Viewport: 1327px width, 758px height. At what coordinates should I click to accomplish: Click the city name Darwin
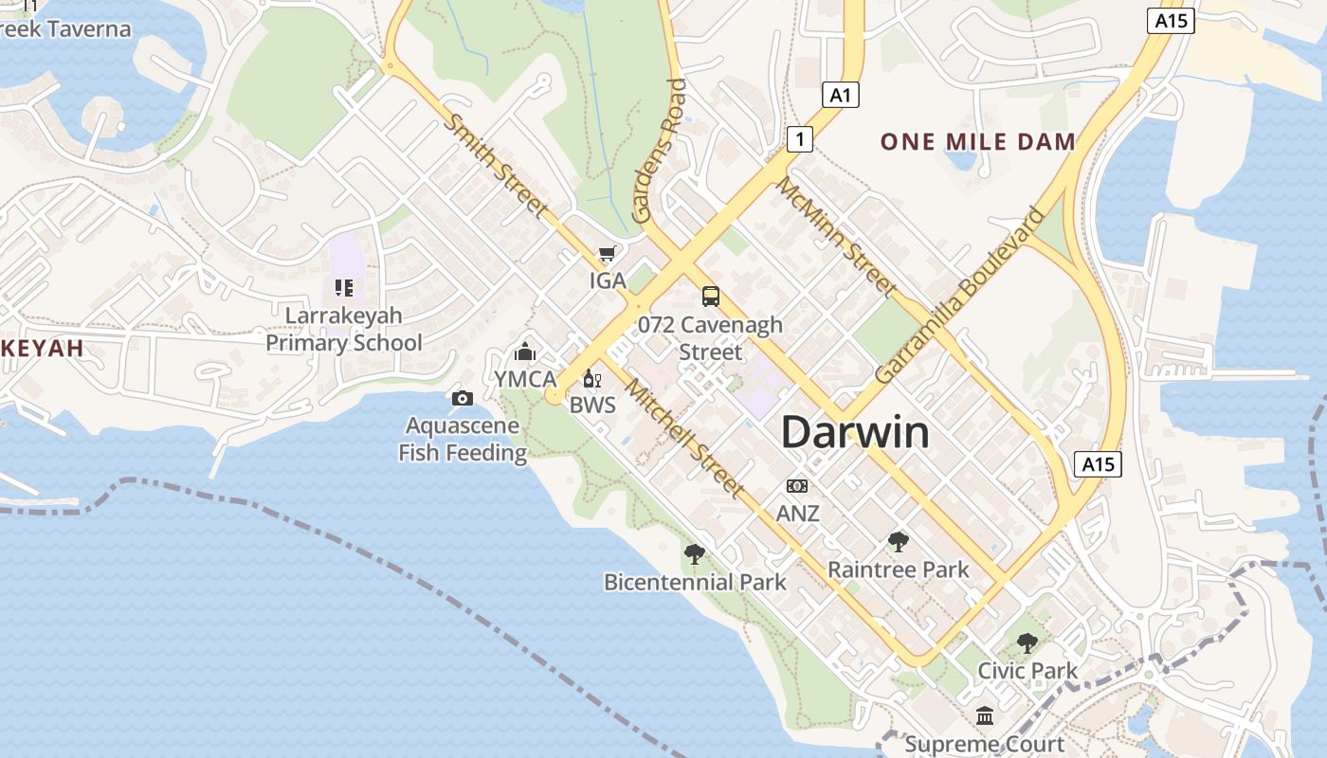click(855, 432)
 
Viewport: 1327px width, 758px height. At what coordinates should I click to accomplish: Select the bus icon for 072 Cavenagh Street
click(711, 297)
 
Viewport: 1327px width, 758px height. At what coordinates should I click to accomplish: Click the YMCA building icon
click(525, 352)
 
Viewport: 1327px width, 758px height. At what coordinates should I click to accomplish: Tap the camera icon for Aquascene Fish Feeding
click(463, 398)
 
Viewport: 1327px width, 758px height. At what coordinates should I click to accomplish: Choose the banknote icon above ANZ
click(797, 486)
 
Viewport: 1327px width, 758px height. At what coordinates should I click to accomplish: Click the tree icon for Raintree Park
click(899, 542)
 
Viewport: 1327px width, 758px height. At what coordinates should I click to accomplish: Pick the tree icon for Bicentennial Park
click(695, 553)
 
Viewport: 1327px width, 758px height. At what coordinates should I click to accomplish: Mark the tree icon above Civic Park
click(1027, 643)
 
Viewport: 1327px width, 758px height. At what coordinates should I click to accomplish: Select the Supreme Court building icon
click(985, 715)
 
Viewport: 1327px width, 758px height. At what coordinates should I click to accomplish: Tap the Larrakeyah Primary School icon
click(344, 287)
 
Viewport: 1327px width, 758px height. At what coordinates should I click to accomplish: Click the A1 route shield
click(840, 95)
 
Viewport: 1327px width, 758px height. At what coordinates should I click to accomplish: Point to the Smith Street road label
click(496, 166)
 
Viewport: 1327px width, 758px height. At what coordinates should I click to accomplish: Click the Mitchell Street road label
click(682, 438)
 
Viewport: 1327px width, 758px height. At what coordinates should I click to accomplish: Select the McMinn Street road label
click(836, 236)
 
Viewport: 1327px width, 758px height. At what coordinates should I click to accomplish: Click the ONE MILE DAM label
click(978, 142)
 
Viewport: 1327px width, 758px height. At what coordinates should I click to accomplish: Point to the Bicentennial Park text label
click(695, 582)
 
